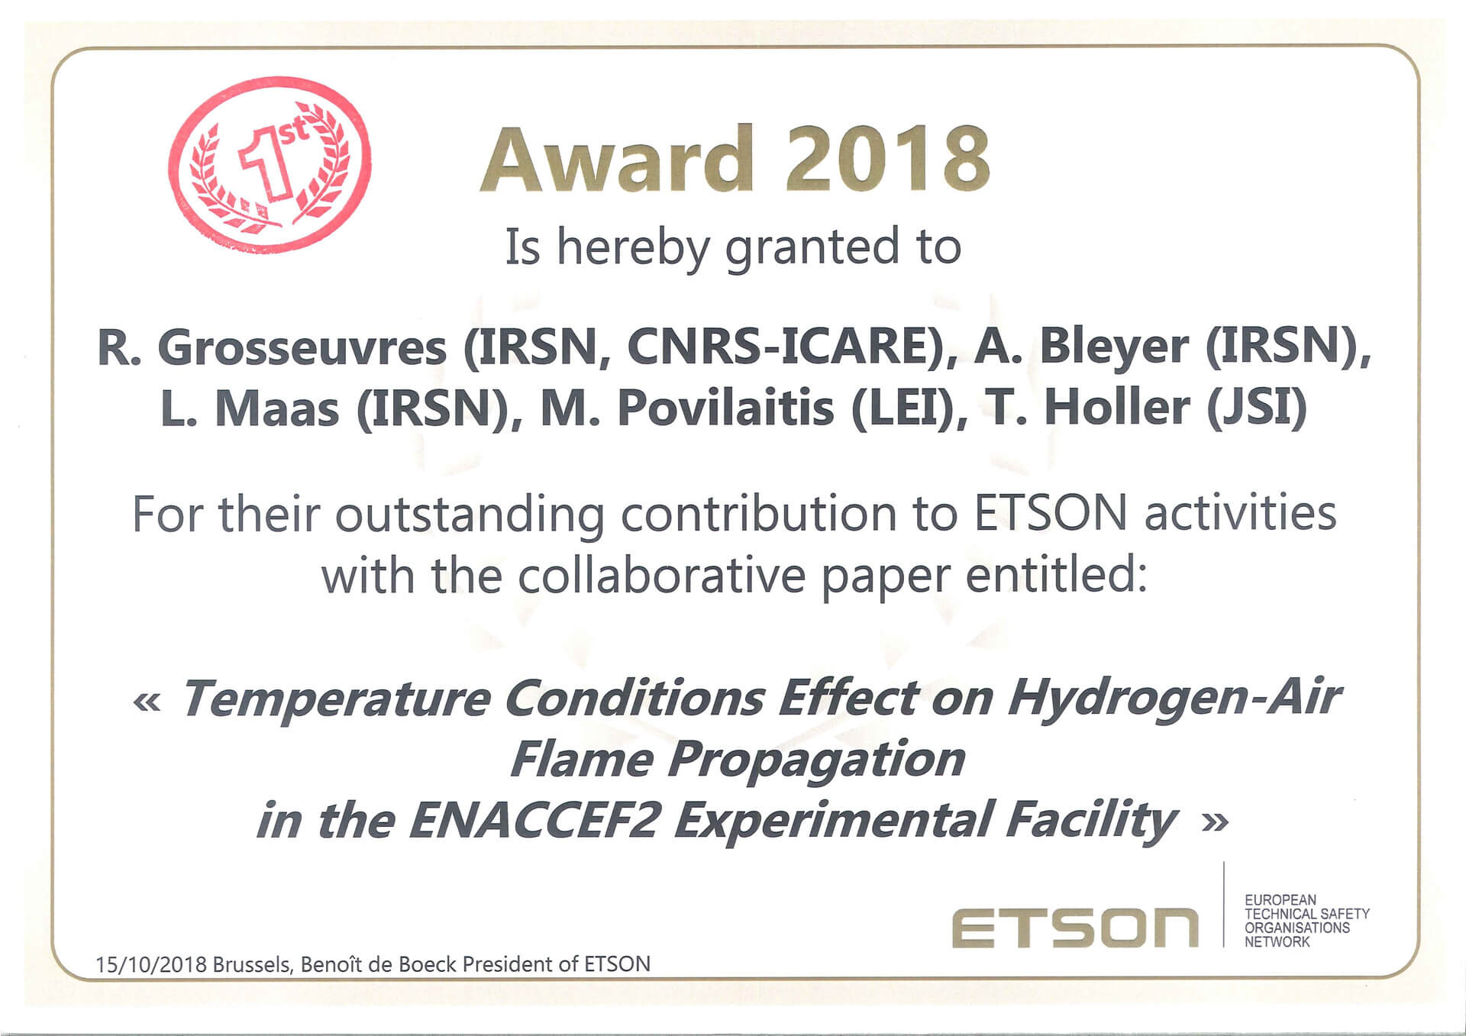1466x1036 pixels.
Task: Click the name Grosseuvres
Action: point(302,347)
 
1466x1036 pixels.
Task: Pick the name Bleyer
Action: point(1114,347)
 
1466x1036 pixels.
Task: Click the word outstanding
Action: point(470,515)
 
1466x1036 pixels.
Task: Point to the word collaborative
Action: point(661,575)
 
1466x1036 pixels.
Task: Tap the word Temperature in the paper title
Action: point(336,699)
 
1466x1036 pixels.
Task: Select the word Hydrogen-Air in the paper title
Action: point(1174,699)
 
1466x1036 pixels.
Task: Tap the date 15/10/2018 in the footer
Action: point(151,964)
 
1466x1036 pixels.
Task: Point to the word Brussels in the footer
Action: point(252,965)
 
